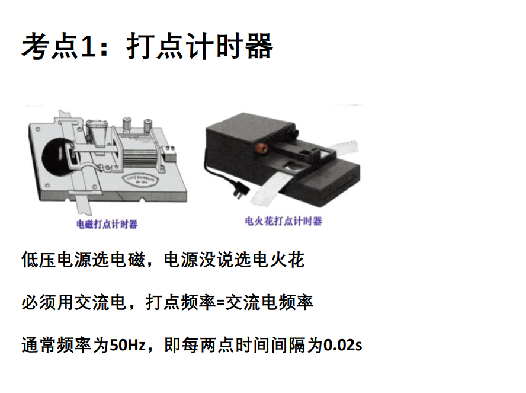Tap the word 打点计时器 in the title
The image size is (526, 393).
[x=200, y=46]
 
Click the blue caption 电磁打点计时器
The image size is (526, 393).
[x=107, y=224]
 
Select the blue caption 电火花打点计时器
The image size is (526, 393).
[x=284, y=221]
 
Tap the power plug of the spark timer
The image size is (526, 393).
[x=242, y=191]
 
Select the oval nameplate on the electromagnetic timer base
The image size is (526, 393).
[x=141, y=180]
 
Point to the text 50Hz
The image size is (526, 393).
[x=128, y=345]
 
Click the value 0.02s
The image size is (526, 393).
[x=342, y=345]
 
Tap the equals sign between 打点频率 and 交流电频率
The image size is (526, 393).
[x=220, y=303]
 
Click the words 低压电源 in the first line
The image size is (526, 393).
[x=56, y=260]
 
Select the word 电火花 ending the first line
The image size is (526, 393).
[x=278, y=260]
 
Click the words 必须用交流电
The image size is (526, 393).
[x=74, y=302]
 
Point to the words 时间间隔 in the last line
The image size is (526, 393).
[x=270, y=345]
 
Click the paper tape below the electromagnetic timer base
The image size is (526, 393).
[x=83, y=205]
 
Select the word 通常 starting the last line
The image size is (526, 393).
[x=39, y=345]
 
